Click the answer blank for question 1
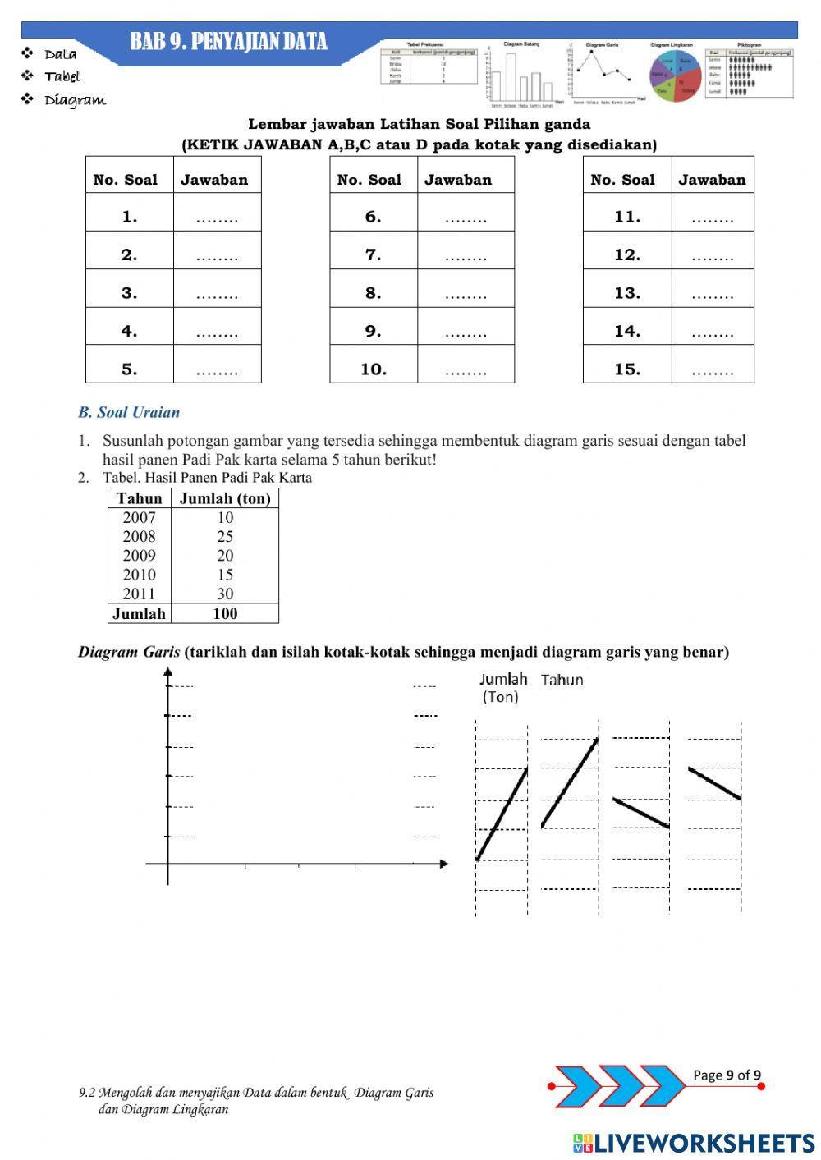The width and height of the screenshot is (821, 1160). point(217,218)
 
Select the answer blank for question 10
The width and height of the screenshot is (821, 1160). point(466,369)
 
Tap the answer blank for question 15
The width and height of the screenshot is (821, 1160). point(712,369)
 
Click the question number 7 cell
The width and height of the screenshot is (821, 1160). point(374,255)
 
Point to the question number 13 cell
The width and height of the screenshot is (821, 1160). point(627,293)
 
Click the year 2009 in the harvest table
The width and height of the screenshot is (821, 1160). point(139,556)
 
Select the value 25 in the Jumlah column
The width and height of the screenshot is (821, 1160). point(225,537)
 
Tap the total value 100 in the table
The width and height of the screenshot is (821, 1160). point(225,613)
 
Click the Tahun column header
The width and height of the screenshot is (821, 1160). point(139,498)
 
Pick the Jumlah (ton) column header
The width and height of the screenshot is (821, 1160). point(225,498)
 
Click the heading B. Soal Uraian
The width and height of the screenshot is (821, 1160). point(129,412)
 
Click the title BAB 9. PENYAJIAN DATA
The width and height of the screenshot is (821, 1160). point(228,42)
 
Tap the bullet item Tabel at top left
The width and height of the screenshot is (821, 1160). point(62,76)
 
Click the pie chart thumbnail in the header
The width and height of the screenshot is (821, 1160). point(675,76)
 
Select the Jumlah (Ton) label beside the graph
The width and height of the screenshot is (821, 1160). point(502,688)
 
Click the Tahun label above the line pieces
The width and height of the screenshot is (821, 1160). point(562,680)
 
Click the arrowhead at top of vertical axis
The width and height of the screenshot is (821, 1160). point(168,672)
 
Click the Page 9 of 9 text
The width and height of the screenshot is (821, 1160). point(727,1075)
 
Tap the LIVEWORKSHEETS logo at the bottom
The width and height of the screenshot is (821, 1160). point(694,1143)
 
